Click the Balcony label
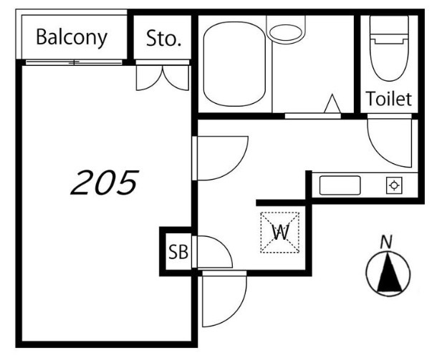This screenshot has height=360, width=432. tap(72, 38)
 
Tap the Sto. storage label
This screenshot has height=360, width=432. tap(163, 38)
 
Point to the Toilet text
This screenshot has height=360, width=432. tap(389, 99)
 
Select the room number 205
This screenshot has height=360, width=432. tap(105, 183)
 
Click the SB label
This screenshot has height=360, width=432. tap(178, 252)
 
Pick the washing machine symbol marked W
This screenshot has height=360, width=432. tap(280, 233)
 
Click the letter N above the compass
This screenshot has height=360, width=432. tap(386, 243)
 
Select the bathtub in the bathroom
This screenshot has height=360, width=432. tap(234, 64)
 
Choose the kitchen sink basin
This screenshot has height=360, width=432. tap(340, 185)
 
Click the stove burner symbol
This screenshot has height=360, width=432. tap(394, 185)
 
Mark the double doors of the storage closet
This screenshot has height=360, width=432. tap(163, 78)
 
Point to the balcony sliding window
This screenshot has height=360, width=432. tap(74, 62)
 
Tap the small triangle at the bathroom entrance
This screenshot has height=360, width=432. tap(332, 104)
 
